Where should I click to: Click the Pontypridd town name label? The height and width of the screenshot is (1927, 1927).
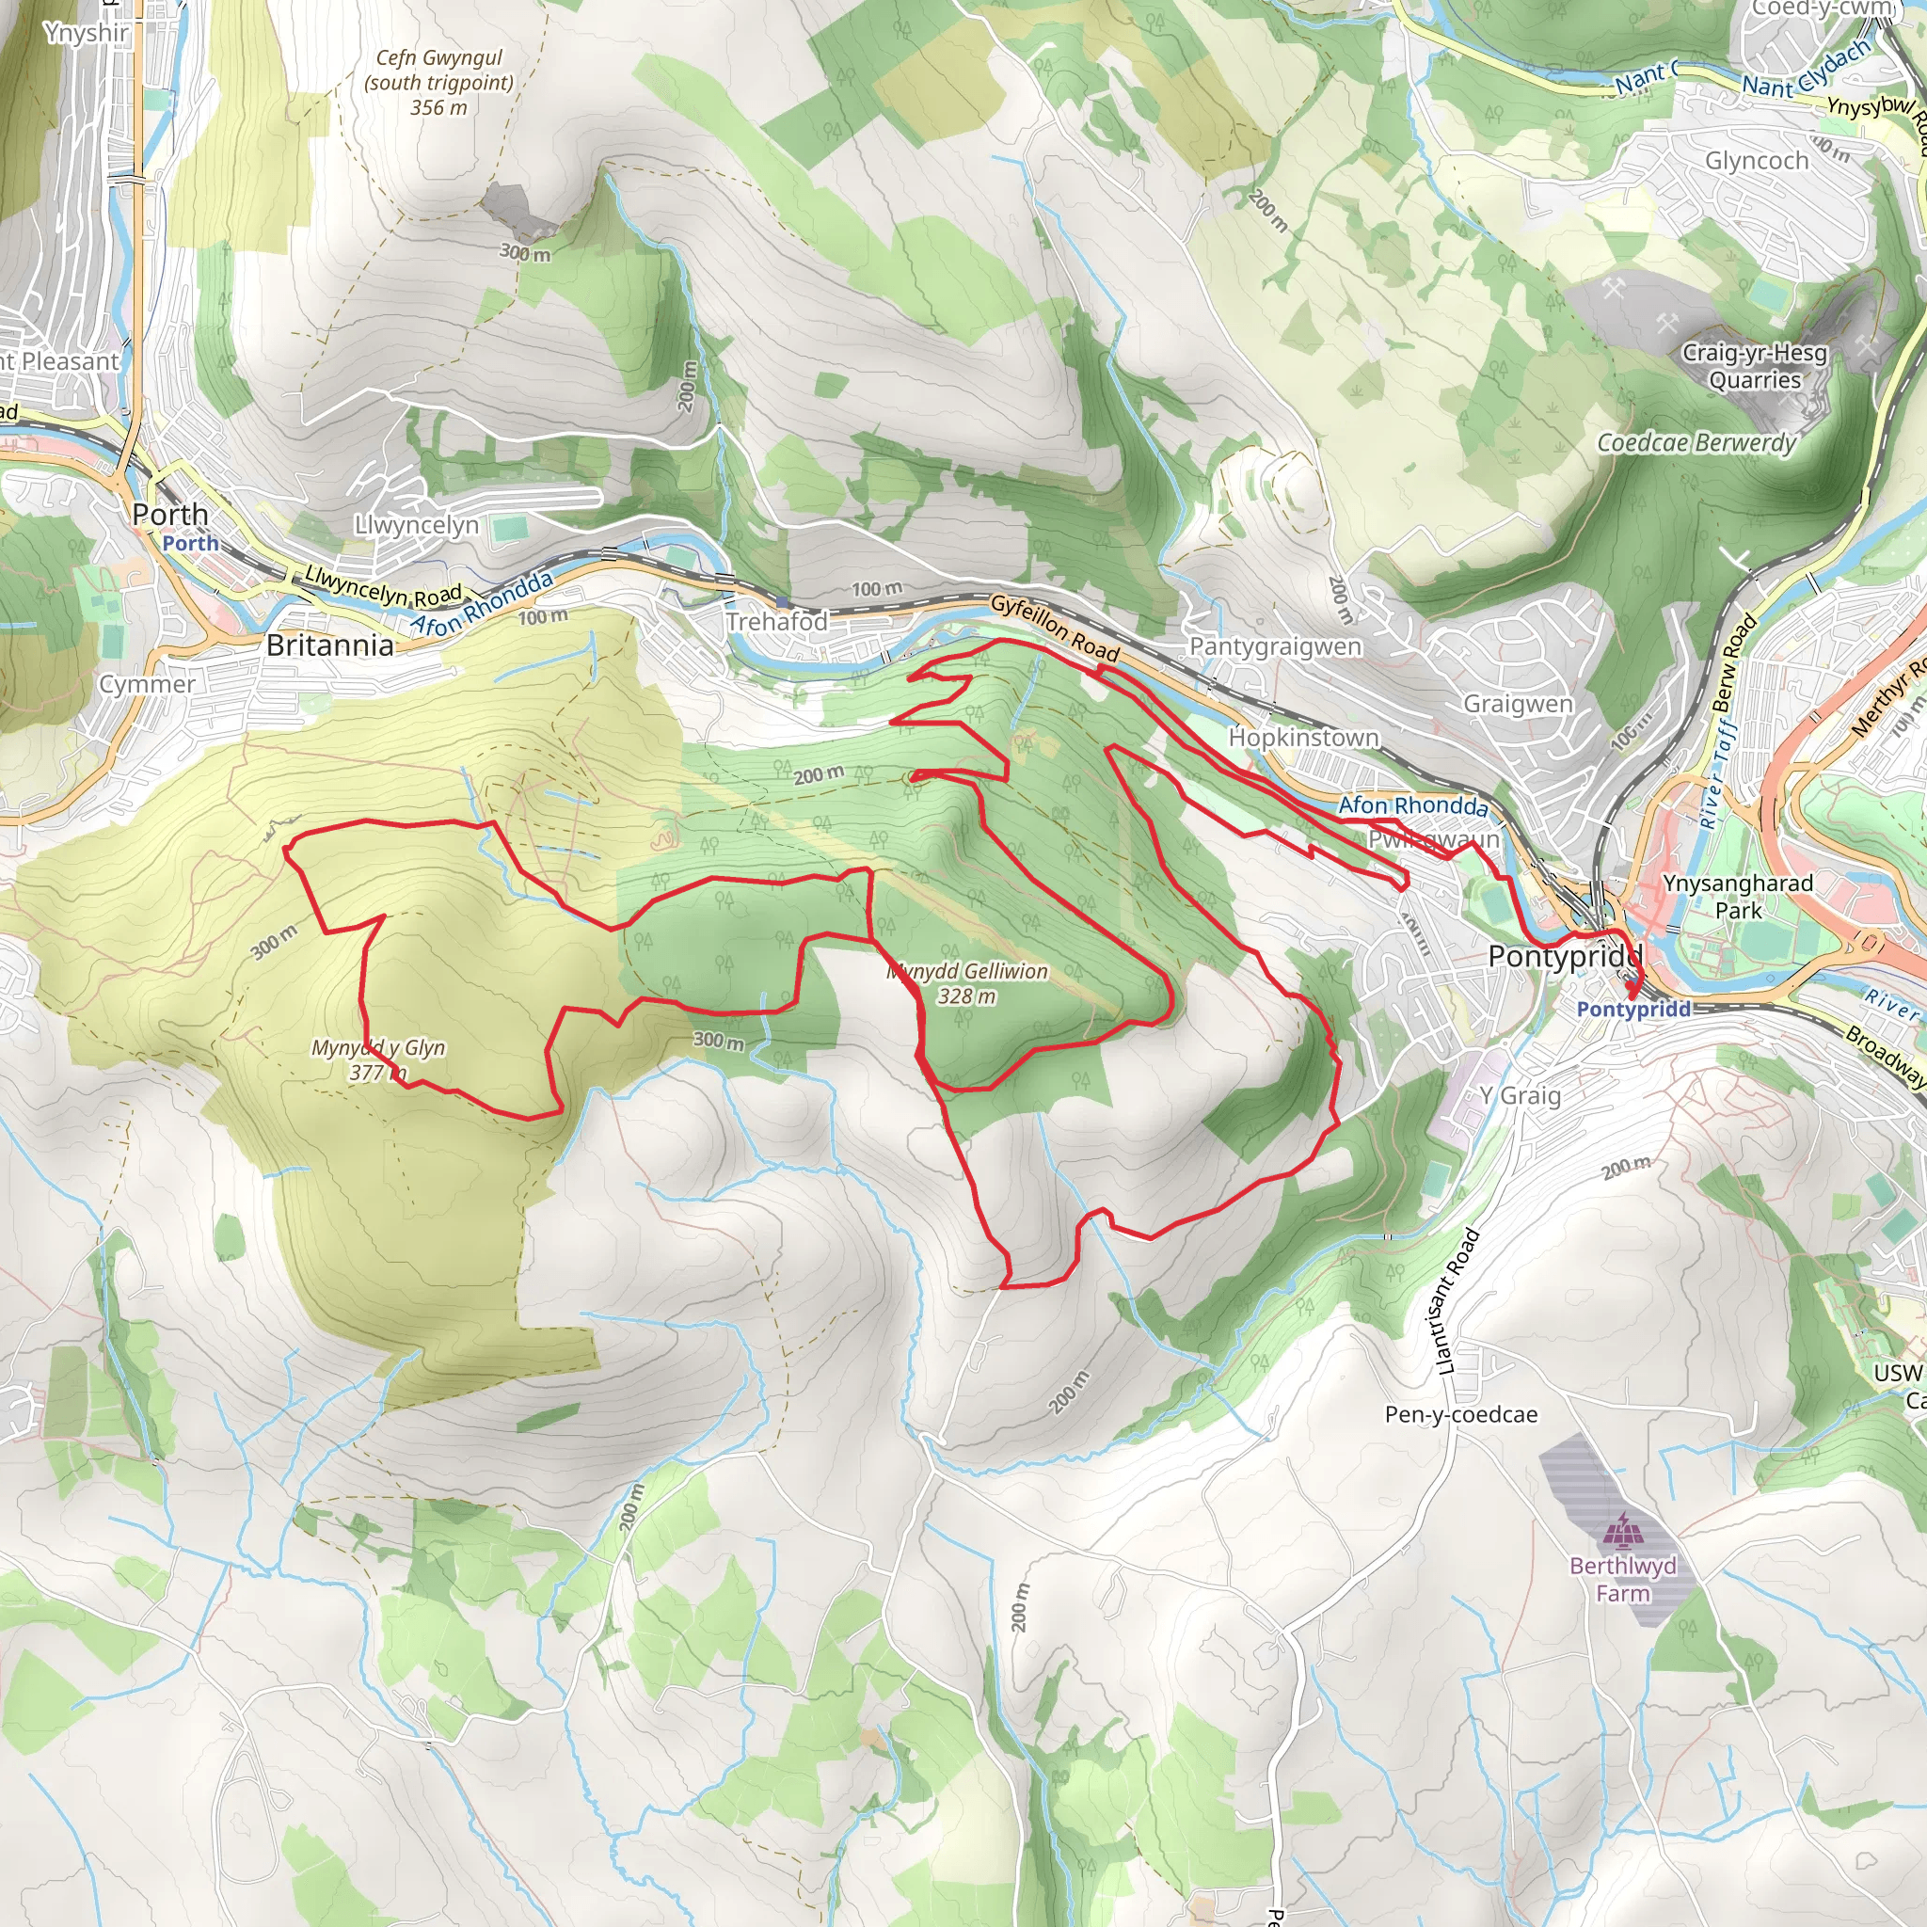point(1564,957)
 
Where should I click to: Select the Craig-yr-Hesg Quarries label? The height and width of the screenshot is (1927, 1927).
point(1755,366)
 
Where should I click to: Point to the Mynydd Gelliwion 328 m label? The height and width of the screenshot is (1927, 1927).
point(967,983)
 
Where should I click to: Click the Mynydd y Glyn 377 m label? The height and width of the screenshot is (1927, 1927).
point(378,1060)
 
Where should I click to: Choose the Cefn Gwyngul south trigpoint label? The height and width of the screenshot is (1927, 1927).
point(438,83)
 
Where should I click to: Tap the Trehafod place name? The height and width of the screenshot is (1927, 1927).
point(776,621)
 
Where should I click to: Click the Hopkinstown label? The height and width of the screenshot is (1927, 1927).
point(1303,737)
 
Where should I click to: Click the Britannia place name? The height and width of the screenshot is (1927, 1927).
point(330,645)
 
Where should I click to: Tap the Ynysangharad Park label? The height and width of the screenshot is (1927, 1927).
point(1738,896)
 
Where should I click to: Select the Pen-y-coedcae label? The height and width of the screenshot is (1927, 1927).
point(1460,1414)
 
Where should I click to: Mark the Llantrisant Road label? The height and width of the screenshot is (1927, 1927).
point(1457,1301)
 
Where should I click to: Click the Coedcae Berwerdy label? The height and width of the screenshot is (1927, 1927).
point(1696,443)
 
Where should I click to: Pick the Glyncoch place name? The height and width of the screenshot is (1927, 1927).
point(1757,161)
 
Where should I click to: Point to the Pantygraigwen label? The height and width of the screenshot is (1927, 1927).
point(1275,646)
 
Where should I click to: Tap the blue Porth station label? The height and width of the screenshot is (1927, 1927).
point(190,544)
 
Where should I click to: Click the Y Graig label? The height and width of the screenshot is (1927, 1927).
point(1521,1095)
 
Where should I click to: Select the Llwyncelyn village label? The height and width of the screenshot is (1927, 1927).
point(416,525)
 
